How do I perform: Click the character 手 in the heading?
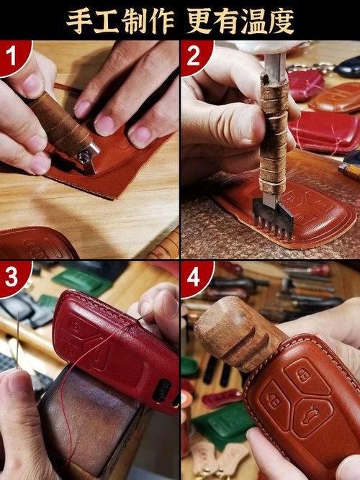(79, 22)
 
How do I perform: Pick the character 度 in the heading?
(281, 22)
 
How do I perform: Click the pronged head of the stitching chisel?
(274, 218)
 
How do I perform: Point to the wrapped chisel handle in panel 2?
(274, 135)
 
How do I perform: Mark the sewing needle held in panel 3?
(18, 340)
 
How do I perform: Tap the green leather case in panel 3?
(81, 282)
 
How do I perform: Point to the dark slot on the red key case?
(161, 391)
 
